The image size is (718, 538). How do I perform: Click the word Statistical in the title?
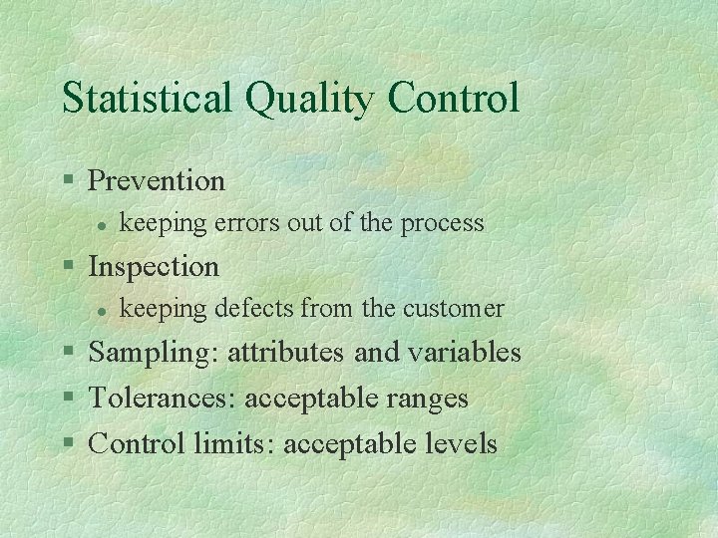tap(145, 99)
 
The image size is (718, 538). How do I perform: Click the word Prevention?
tap(157, 180)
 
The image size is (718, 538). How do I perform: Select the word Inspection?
tap(154, 267)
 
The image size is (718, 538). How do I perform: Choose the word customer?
tap(454, 309)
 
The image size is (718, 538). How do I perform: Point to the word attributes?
tap(286, 353)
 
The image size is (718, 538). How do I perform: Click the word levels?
tap(459, 443)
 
